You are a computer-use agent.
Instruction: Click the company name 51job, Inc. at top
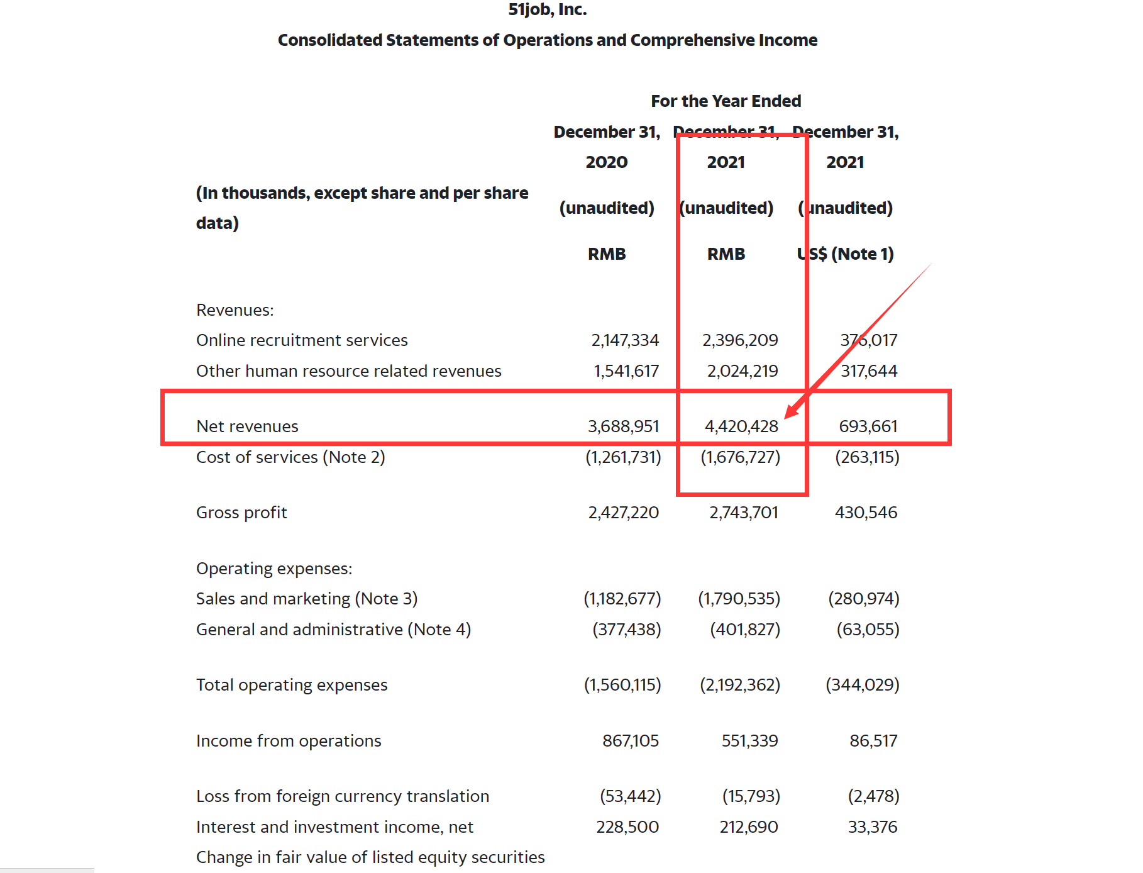point(547,9)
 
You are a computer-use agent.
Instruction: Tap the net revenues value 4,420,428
point(741,426)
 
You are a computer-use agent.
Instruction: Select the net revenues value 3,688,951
point(623,426)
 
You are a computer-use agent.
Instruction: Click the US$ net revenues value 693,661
point(868,426)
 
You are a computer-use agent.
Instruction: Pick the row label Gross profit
point(241,513)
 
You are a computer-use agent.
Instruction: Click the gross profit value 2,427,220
point(623,513)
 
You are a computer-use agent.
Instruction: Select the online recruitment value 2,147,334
point(624,340)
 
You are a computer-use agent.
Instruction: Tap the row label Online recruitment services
point(302,340)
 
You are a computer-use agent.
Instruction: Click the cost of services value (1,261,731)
point(623,457)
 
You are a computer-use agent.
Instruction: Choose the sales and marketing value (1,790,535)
point(739,599)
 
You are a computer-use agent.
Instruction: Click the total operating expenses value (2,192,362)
point(740,685)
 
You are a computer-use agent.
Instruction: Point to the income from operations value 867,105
point(630,741)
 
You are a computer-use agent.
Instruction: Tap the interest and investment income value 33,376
point(872,827)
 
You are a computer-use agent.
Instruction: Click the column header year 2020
point(606,162)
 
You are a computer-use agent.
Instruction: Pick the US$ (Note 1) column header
point(845,254)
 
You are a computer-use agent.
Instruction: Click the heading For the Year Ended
point(726,101)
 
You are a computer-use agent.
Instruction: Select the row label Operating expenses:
point(274,569)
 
